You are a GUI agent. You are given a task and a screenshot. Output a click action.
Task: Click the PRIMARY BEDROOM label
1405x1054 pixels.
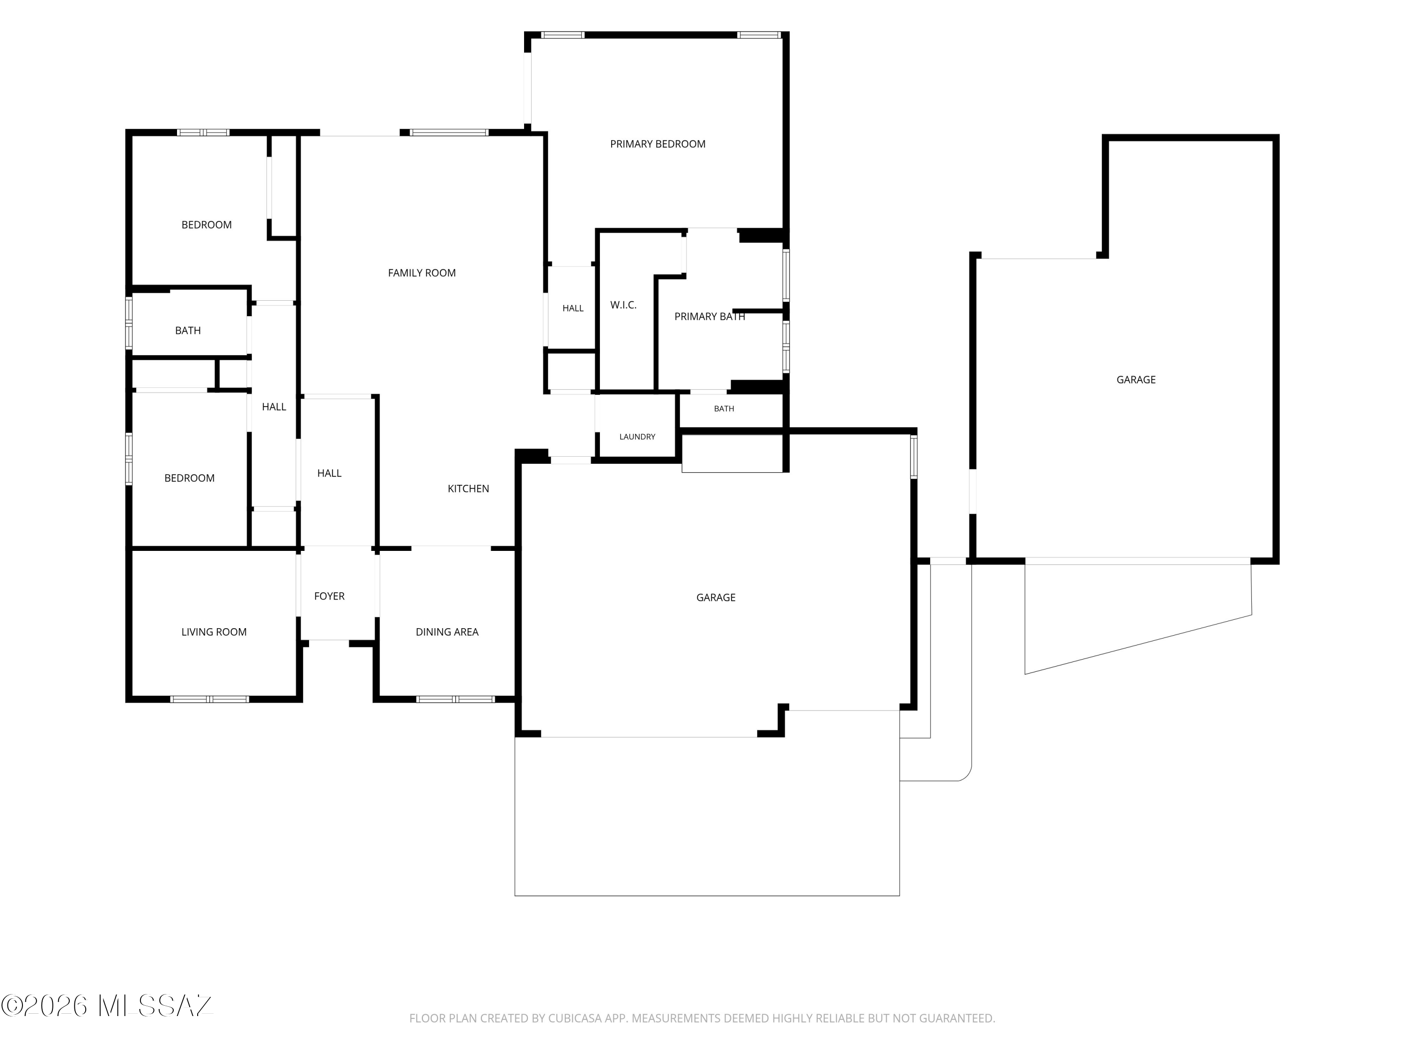pos(658,144)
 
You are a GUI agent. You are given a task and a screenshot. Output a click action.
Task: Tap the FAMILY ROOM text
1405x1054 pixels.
pos(422,273)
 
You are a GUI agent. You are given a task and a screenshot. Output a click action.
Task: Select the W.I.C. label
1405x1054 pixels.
pos(623,305)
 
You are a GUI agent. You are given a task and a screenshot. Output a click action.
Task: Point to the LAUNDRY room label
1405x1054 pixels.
pos(637,437)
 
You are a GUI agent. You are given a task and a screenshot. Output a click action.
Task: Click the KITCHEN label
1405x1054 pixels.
pos(468,489)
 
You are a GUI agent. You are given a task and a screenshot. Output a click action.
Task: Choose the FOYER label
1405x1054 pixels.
pos(329,596)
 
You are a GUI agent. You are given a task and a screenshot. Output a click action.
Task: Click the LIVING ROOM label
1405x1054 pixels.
pos(214,632)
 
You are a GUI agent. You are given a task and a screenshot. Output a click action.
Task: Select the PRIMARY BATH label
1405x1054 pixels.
pos(710,316)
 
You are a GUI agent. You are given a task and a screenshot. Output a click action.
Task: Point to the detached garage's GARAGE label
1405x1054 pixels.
pos(1136,380)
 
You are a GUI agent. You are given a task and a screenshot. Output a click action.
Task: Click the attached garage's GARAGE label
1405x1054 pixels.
pos(716,598)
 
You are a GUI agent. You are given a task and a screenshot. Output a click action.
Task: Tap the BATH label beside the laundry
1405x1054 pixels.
pos(724,409)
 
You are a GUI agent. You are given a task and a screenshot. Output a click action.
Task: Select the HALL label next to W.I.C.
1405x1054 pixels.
pos(573,309)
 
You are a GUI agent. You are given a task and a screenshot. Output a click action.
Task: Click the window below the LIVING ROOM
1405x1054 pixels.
pos(210,699)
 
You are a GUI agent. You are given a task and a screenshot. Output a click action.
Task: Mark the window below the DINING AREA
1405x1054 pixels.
pos(455,699)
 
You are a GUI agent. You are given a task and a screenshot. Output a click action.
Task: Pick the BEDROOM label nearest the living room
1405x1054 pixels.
pos(189,478)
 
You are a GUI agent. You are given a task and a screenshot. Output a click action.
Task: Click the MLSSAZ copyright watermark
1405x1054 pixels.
pos(107,1006)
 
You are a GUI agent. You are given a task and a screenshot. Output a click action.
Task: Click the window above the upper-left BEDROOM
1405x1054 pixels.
pos(203,133)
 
